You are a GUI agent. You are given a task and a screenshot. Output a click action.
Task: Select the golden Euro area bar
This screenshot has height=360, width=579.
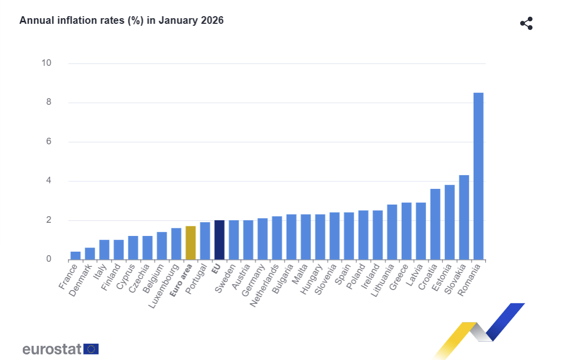(190, 243)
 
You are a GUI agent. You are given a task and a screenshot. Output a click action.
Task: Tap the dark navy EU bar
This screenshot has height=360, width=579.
(219, 240)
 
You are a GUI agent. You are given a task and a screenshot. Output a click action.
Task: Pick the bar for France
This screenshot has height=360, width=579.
(75, 256)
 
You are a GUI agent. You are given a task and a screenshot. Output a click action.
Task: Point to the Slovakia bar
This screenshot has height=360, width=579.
(464, 217)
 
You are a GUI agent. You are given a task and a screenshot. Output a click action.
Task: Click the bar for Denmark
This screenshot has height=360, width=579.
(90, 254)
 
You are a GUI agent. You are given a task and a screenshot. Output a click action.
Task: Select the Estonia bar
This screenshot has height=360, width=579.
(449, 222)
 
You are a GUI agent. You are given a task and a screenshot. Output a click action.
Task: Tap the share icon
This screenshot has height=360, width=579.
(526, 23)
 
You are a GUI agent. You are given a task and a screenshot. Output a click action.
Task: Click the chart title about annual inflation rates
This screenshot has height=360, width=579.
(122, 21)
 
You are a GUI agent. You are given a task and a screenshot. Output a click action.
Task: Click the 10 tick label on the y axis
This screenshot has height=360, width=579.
(46, 63)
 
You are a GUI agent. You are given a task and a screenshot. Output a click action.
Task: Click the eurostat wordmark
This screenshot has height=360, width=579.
(52, 349)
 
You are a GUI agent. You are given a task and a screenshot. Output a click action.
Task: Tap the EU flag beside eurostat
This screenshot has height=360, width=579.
(92, 349)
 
